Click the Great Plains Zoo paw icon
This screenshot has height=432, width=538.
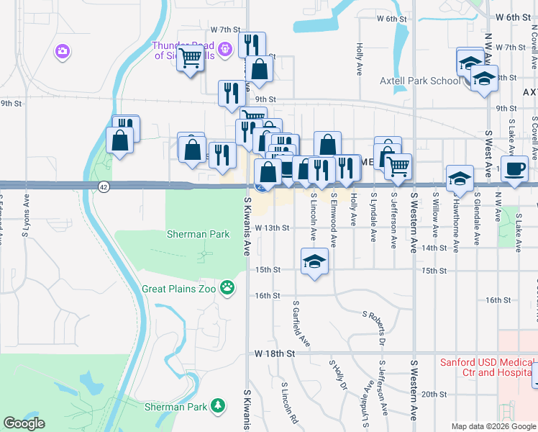click(x=228, y=287)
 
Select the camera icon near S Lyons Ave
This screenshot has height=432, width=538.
click(x=62, y=50)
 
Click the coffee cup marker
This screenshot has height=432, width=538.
click(x=514, y=168)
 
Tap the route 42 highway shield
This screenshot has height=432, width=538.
click(x=104, y=186)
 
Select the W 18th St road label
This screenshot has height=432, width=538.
click(x=275, y=354)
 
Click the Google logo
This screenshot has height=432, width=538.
click(x=24, y=423)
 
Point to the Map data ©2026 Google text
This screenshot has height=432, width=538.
click(x=493, y=426)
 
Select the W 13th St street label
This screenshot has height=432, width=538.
click(x=271, y=228)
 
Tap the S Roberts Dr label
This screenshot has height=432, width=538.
click(x=374, y=325)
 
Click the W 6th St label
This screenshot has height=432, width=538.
click(x=512, y=17)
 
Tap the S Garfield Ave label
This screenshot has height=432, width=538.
click(x=301, y=323)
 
